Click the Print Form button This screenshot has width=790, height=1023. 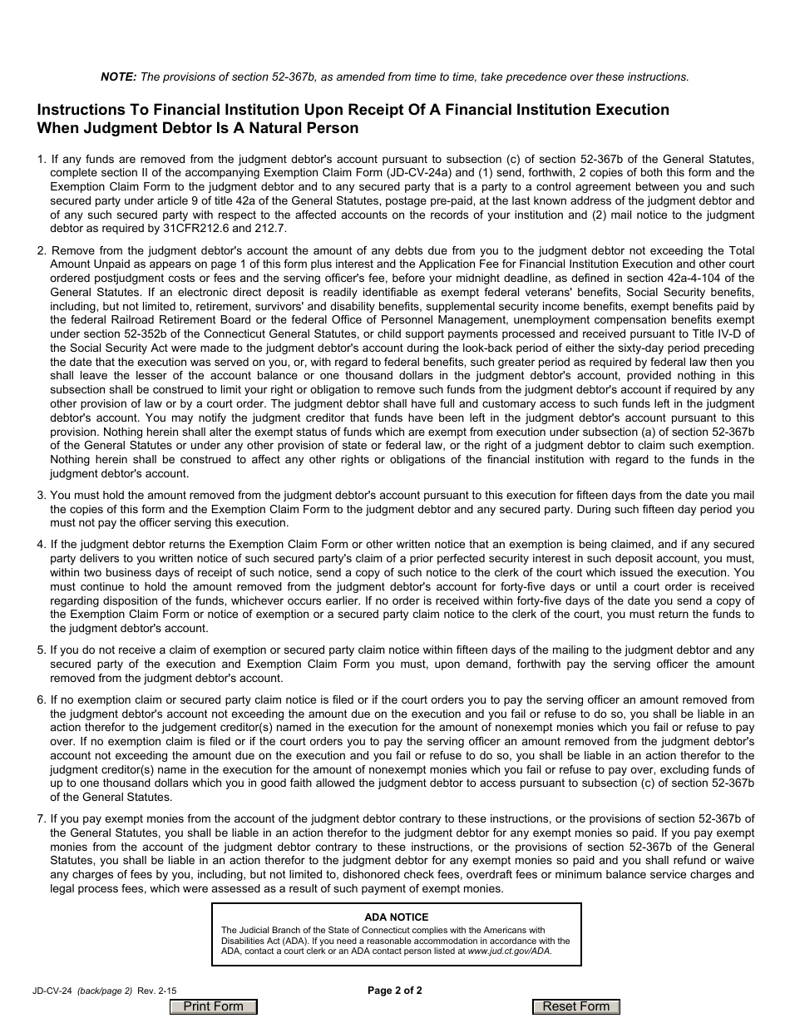pos(213,1006)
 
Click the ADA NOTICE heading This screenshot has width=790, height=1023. pos(397,917)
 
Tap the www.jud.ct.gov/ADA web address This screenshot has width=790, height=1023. pos(509,951)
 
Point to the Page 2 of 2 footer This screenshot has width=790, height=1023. pos(395,990)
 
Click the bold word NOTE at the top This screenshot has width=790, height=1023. pos(118,77)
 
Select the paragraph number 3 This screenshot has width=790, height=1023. pos(41,495)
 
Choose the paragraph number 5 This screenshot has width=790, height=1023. pos(41,650)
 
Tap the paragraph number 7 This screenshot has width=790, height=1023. pos(41,818)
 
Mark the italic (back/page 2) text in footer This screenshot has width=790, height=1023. pos(105,991)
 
